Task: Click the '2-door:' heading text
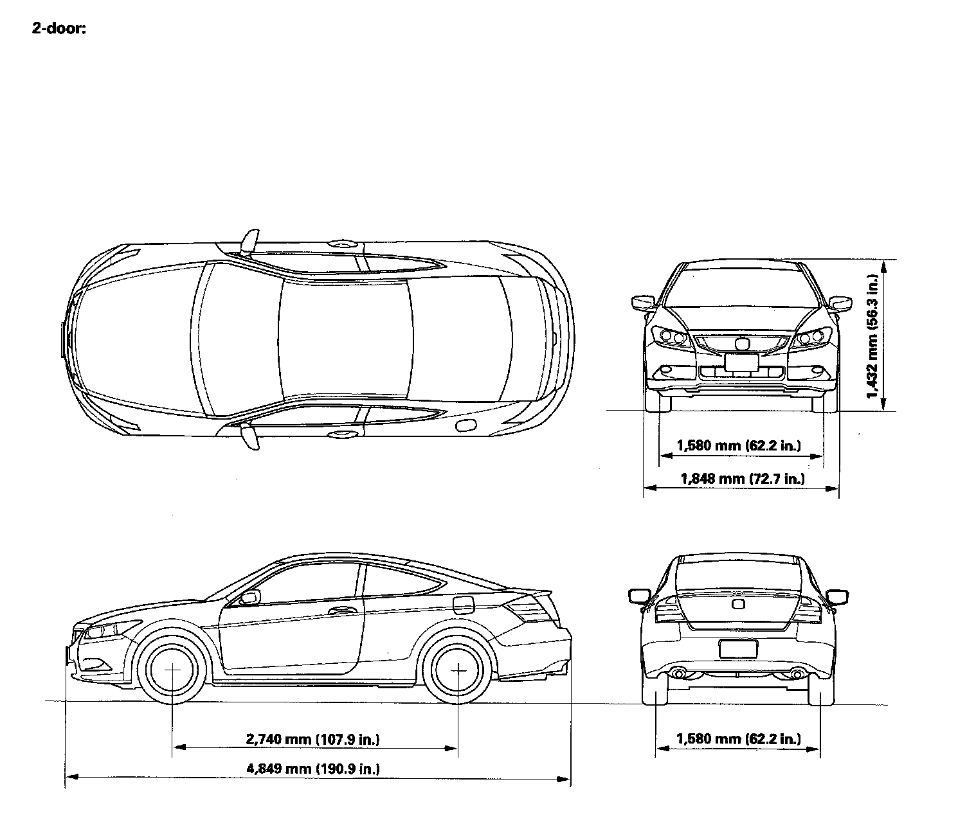59,29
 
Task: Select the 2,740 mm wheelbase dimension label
312,739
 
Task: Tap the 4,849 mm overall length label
312,769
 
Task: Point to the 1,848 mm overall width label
742,478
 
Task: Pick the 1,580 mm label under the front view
739,445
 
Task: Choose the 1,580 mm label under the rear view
739,739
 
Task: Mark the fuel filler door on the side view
464,605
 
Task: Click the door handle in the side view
341,610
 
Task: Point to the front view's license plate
741,363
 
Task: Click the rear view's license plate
737,648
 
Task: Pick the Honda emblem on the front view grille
741,344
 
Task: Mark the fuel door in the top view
465,425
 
